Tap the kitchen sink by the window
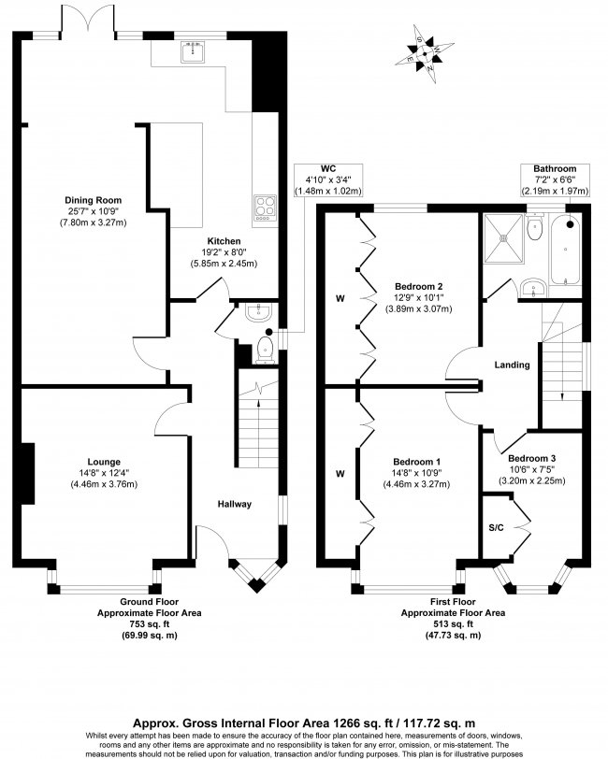pyautogui.click(x=196, y=50)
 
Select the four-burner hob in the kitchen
pyautogui.click(x=265, y=206)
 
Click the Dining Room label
pyautogui.click(x=94, y=200)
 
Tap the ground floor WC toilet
pyautogui.click(x=265, y=351)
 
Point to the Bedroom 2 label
pyautogui.click(x=417, y=286)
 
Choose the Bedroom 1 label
pyautogui.click(x=417, y=462)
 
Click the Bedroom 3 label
pyautogui.click(x=532, y=458)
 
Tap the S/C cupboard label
pyautogui.click(x=497, y=527)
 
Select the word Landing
pyautogui.click(x=513, y=365)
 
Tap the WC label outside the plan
pyautogui.click(x=326, y=169)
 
